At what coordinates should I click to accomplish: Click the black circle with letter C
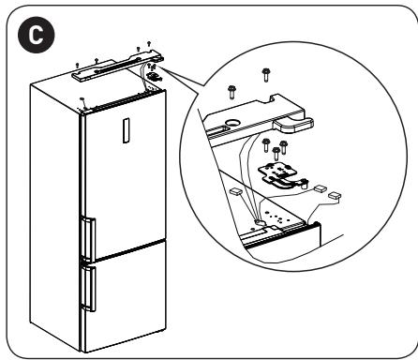click(37, 35)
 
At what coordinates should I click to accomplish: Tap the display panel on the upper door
click(126, 130)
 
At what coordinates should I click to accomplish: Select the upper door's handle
click(89, 240)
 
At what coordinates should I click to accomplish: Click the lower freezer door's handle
click(89, 288)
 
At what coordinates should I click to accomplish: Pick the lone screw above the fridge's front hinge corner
click(82, 100)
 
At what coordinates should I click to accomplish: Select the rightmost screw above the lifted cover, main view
click(149, 44)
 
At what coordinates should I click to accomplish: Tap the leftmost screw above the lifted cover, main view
click(77, 66)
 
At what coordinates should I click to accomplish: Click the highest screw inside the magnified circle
click(266, 74)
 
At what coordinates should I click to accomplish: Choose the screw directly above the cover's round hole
click(231, 92)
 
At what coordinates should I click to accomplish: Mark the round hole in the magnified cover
click(232, 122)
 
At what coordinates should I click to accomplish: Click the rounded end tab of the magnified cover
click(293, 125)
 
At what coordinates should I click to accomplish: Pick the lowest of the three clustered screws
click(276, 154)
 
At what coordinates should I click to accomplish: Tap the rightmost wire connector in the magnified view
click(335, 196)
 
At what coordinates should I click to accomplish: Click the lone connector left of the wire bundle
click(235, 191)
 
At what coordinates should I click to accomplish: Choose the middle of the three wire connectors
click(320, 188)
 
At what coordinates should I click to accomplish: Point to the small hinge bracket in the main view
click(153, 76)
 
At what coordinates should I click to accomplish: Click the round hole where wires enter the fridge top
click(260, 222)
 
